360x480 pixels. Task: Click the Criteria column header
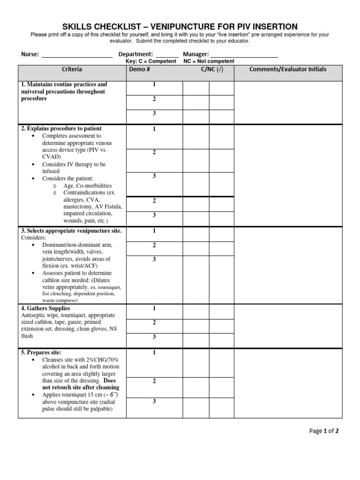72,69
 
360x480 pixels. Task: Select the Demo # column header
139,69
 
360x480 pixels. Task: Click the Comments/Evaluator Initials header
288,69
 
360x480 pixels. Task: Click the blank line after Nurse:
77,55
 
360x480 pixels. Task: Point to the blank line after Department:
167,55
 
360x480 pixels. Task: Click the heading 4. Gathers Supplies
45,308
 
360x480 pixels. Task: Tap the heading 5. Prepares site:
41,352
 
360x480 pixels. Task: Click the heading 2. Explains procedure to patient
61,128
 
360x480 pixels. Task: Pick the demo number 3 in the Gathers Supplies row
154,337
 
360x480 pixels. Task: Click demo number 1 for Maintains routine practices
154,84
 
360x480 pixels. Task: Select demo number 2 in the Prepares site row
154,381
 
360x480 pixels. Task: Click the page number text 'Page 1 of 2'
324,431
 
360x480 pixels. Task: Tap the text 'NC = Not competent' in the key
209,61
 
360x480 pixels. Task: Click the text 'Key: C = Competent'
151,61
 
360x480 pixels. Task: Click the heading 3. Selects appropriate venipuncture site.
71,231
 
